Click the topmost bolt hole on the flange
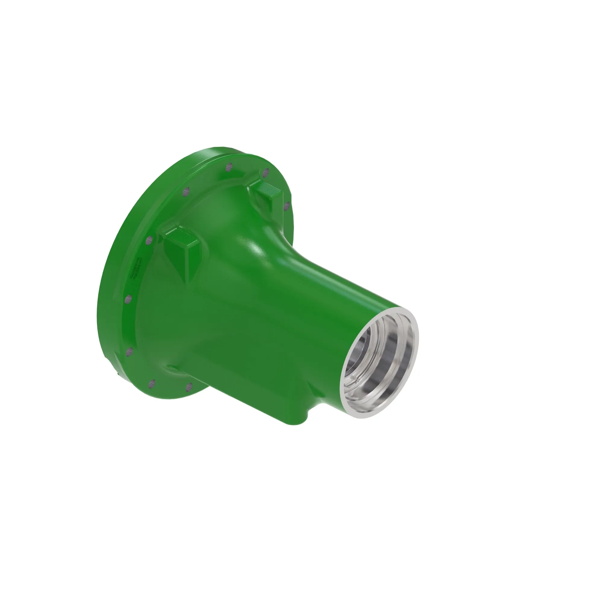(x=229, y=167)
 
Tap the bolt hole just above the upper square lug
(x=266, y=172)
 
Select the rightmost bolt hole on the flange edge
(x=287, y=205)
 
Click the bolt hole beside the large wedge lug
(x=150, y=240)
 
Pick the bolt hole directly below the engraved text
(x=128, y=299)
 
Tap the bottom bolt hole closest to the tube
(x=188, y=387)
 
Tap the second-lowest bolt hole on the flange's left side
(x=129, y=352)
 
